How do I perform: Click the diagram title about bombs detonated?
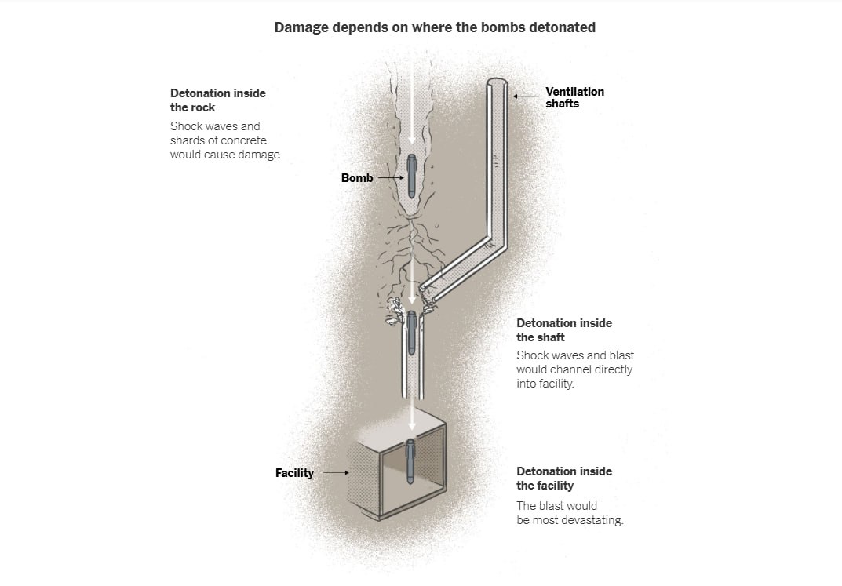[x=435, y=27]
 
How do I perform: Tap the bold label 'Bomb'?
[x=357, y=178]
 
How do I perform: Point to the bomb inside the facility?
[x=410, y=462]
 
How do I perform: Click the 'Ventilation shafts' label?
[x=574, y=97]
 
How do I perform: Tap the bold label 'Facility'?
[x=294, y=473]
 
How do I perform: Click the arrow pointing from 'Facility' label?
[x=336, y=473]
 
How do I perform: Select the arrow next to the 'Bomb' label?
[x=389, y=178]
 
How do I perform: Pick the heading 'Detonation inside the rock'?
[x=217, y=100]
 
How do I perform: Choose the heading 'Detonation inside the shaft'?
[x=563, y=329]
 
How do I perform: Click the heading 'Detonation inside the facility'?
[x=563, y=478]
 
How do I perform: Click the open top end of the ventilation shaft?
[x=496, y=84]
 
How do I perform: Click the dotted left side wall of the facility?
[x=363, y=479]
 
